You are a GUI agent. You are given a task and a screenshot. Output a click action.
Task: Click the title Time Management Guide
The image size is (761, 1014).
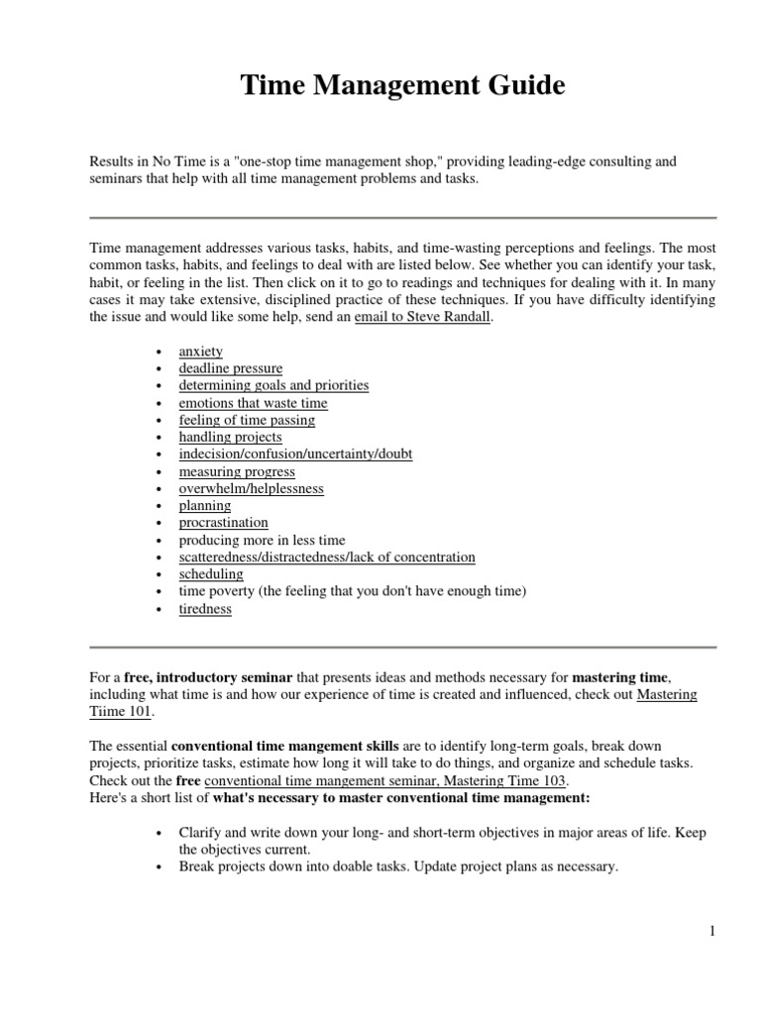(x=402, y=87)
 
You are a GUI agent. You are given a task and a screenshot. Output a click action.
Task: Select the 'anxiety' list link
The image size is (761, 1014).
(x=200, y=352)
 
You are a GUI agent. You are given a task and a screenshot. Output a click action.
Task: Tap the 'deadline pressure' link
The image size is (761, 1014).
(x=230, y=368)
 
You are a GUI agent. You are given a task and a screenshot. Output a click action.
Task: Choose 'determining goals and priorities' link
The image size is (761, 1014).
(x=273, y=385)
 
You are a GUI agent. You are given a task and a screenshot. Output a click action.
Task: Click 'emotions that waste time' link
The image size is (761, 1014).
(x=253, y=403)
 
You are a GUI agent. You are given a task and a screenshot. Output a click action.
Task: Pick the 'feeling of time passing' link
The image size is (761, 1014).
(x=247, y=420)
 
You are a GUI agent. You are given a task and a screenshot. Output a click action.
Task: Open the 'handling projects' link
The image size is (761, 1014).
(x=230, y=437)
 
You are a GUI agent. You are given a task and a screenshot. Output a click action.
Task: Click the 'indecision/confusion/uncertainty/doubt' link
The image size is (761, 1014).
(x=295, y=454)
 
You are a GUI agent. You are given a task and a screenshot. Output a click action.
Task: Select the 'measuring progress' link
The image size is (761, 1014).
(x=237, y=471)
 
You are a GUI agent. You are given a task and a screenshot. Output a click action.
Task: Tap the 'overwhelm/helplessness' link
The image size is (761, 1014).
(x=251, y=488)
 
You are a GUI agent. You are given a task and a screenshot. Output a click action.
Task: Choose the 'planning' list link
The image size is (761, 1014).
(x=204, y=505)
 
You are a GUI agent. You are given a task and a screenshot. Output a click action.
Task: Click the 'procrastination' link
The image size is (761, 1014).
(x=223, y=522)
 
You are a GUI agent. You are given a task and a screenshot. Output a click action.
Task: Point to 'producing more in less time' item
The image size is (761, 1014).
(x=262, y=540)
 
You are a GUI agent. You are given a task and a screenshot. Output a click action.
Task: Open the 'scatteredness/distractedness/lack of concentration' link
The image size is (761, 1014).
(x=326, y=558)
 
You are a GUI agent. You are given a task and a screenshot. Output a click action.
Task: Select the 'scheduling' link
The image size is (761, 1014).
(x=210, y=574)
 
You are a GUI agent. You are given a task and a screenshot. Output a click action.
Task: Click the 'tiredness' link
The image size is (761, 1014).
(x=205, y=609)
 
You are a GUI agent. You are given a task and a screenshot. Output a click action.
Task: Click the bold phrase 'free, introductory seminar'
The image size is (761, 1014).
(x=208, y=677)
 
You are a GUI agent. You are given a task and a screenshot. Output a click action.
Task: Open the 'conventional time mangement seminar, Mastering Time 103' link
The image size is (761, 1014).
(x=386, y=780)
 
